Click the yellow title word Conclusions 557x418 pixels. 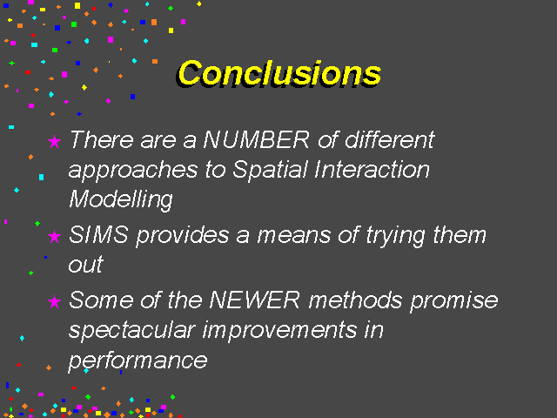(x=279, y=73)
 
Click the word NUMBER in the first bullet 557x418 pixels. (x=257, y=139)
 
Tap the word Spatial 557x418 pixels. (x=270, y=171)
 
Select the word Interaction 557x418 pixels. (x=372, y=169)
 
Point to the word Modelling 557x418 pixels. (x=121, y=200)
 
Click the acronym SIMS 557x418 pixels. (x=98, y=234)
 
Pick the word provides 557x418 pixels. (x=183, y=236)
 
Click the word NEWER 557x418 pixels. (x=254, y=300)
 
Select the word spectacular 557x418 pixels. (x=131, y=331)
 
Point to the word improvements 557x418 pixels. (x=279, y=331)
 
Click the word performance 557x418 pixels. (x=138, y=361)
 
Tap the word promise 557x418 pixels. (x=454, y=301)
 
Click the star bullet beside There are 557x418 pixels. (x=54, y=141)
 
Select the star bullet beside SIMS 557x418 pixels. (x=54, y=236)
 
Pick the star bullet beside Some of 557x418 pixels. (x=54, y=302)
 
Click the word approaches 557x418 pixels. (x=133, y=171)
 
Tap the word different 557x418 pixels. (x=390, y=139)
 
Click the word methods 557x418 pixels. (x=355, y=300)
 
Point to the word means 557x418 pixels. (x=294, y=236)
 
